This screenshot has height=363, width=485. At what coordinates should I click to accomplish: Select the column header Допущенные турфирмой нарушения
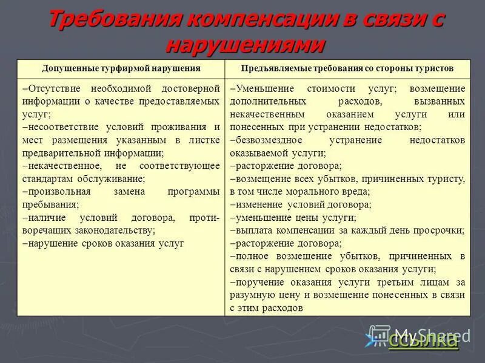coord(121,68)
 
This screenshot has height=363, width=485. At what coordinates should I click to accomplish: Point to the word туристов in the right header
coord(434,68)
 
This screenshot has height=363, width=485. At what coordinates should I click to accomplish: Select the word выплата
coord(252,231)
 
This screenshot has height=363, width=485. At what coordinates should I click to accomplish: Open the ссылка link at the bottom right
coord(423,341)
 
